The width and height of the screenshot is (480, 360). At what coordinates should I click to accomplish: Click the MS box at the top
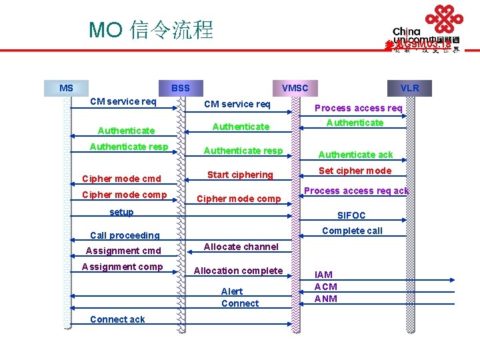pos(66,88)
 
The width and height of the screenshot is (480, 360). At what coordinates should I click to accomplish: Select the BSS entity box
pos(181,88)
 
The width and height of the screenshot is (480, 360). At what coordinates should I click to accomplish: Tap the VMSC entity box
pos(295,88)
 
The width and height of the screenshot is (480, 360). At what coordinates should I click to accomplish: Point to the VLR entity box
pos(409,88)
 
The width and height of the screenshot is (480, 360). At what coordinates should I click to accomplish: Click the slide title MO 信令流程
pos(151,30)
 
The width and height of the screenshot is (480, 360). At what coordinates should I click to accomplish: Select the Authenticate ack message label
pos(355,155)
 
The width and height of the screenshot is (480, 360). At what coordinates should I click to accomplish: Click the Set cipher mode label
pos(355,171)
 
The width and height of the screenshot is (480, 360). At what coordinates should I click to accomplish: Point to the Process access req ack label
pos(356,191)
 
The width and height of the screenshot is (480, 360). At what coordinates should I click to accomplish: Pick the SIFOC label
pos(351,215)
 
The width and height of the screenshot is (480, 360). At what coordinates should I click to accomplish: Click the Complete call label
pos(352,231)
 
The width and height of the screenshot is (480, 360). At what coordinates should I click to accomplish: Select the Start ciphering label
pos(240,175)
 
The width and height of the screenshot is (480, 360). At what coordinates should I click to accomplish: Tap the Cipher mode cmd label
pos(121,179)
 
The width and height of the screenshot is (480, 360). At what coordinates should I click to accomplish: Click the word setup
pos(121,212)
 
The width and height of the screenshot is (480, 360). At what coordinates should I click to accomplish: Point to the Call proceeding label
pos(125,235)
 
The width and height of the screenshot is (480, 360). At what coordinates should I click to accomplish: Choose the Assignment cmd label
pos(123,251)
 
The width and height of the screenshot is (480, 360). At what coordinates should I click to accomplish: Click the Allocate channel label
pos(241,247)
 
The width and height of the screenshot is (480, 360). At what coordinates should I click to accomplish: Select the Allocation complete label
pos(238,271)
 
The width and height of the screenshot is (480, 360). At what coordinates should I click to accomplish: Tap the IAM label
pos(323,275)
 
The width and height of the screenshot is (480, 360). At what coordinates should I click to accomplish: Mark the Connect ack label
pos(117,319)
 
